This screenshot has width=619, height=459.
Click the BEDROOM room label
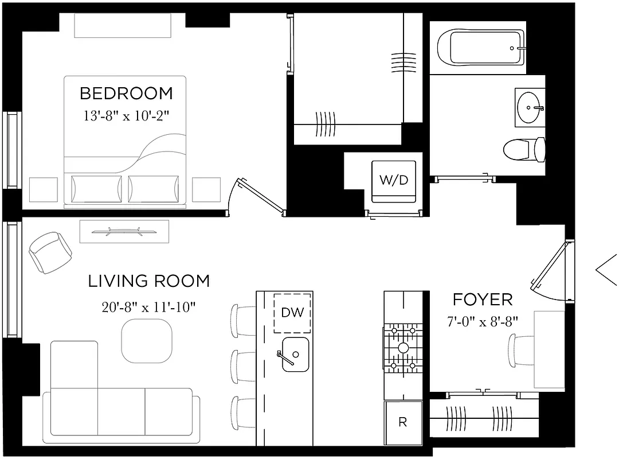[x=126, y=93]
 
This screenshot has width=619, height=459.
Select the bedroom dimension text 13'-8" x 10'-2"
[x=126, y=115]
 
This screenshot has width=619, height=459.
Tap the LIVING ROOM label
[x=148, y=281]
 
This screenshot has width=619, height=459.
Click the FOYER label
[x=483, y=299]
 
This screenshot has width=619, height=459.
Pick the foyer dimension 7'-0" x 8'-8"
[x=483, y=321]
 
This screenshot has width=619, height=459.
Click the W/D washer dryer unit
[x=394, y=181]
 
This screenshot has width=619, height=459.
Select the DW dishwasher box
[x=292, y=313]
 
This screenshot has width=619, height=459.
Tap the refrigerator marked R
[x=403, y=423]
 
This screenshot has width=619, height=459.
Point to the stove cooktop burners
[x=403, y=348]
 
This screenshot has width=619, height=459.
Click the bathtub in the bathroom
[x=480, y=47]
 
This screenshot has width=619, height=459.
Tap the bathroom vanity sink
[x=529, y=106]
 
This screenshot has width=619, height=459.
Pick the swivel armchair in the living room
[x=50, y=251]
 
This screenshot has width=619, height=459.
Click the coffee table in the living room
[x=147, y=340]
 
